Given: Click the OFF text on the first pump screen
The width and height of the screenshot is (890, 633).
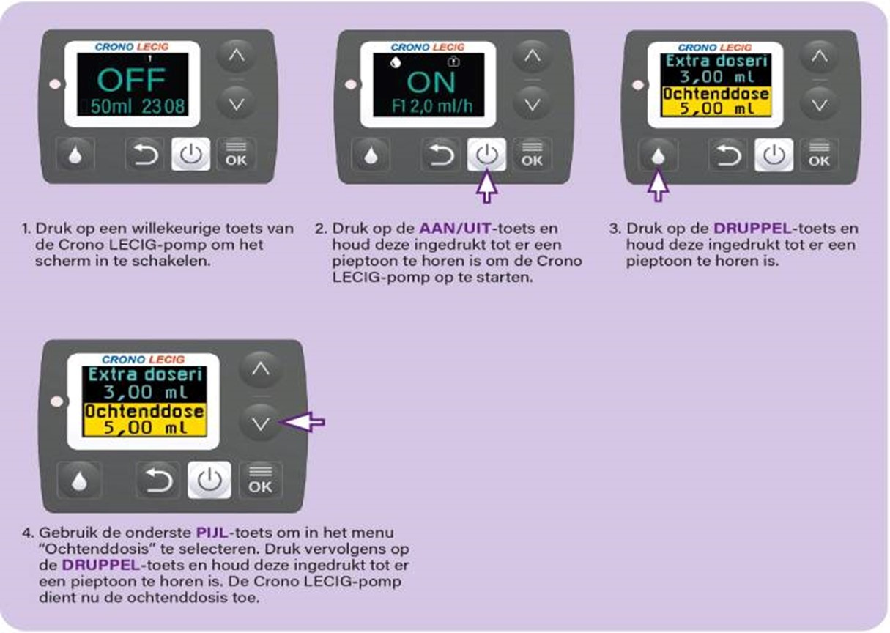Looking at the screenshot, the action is (131, 81).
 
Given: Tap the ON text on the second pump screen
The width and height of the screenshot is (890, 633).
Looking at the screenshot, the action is (431, 82).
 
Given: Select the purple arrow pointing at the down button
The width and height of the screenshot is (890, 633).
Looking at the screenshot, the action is (303, 422).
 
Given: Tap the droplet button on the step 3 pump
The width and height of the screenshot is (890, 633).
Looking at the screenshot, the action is (658, 155).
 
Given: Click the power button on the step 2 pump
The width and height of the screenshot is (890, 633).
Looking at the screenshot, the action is (486, 154).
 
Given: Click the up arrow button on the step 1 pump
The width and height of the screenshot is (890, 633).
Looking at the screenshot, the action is (237, 55).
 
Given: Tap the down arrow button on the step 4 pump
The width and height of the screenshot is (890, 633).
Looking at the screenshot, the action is (261, 423).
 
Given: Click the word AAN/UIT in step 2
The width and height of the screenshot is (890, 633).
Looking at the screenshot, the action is (456, 229).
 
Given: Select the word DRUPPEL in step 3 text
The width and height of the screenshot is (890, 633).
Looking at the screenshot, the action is (753, 229).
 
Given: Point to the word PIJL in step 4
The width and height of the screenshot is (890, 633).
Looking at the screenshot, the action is (212, 533).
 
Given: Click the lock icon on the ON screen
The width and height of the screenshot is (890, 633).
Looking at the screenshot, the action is (453, 62).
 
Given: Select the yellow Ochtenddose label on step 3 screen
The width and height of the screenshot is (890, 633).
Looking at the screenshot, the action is (716, 95).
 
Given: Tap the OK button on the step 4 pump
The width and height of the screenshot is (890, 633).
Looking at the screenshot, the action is (261, 480).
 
